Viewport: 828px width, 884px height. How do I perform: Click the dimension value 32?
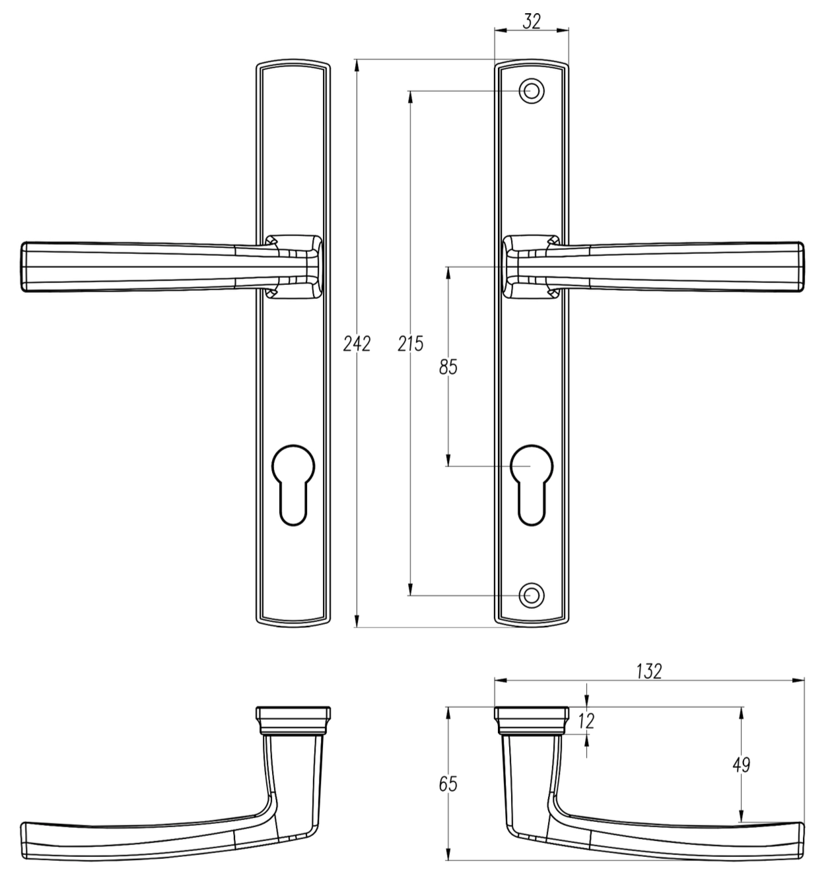532,21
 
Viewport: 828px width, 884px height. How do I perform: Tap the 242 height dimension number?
357,344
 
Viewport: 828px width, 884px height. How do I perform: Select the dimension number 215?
411,344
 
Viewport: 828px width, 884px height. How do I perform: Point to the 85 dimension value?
448,367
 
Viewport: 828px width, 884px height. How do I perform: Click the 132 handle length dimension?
649,672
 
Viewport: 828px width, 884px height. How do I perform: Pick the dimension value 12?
587,721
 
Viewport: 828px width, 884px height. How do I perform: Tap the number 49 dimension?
742,765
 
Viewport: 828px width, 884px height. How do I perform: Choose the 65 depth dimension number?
448,784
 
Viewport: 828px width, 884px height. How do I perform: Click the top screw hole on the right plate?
532,91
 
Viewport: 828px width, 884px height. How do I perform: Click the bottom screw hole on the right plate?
532,595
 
